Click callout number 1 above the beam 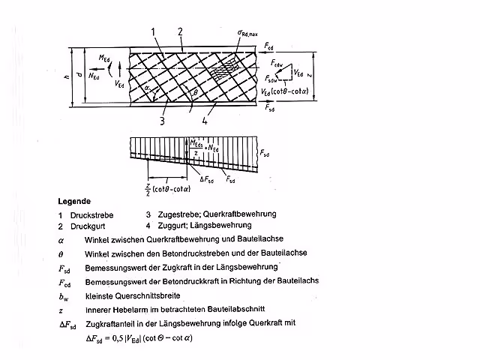(x=152, y=31)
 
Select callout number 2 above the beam (x=180, y=31)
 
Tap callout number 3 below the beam (x=163, y=119)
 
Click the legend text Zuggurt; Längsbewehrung (x=204, y=225)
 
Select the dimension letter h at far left (x=67, y=76)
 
